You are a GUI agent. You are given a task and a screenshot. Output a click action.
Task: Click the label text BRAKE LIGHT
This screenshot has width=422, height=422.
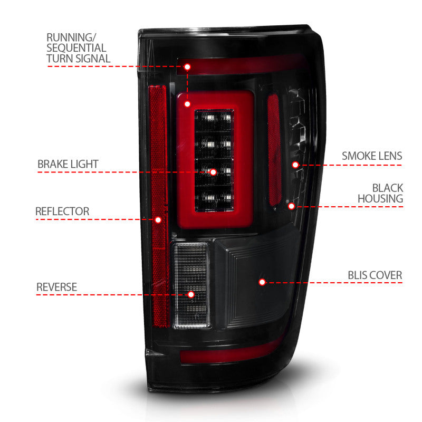[x=68, y=164]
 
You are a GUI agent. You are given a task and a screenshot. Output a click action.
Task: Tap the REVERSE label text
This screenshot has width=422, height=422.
[x=56, y=287]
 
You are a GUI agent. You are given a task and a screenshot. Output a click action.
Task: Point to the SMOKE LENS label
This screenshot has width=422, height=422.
[x=372, y=156]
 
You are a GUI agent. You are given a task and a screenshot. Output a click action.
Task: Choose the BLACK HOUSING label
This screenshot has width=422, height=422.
[x=380, y=193]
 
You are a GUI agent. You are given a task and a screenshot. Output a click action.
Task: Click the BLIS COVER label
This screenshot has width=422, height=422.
[x=375, y=275]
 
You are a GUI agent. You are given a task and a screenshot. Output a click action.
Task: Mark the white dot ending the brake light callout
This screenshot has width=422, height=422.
[x=213, y=172]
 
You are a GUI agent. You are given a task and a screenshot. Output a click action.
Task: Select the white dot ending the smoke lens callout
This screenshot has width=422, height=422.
[x=295, y=165]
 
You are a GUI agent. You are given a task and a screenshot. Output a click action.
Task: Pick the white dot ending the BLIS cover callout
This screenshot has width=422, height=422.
[x=262, y=282]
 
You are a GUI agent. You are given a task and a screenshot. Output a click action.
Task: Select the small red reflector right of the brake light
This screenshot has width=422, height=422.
[x=273, y=150]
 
